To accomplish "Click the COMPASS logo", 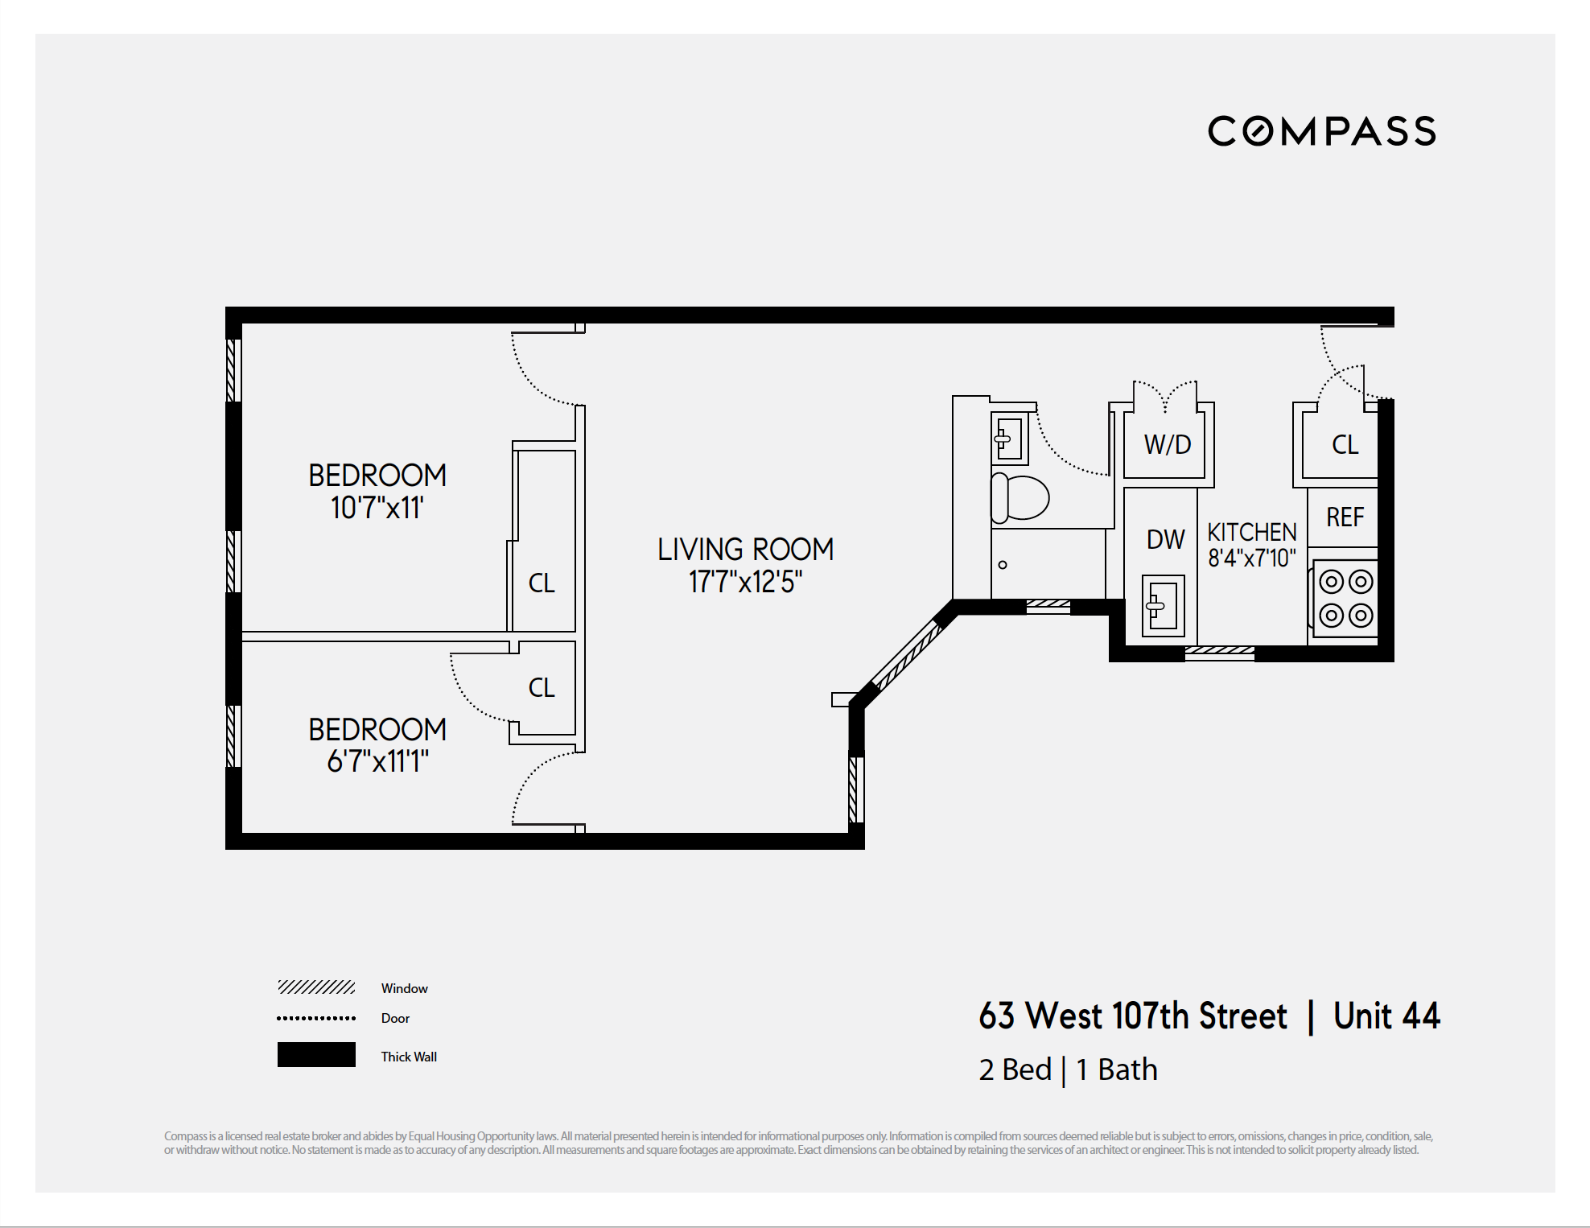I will pyautogui.click(x=1321, y=131).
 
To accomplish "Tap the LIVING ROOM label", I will pyautogui.click(x=745, y=550).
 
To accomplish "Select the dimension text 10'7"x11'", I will pyautogui.click(x=377, y=508).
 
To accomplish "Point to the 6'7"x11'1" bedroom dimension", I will pyautogui.click(x=377, y=760).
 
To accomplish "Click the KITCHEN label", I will pyautogui.click(x=1251, y=532).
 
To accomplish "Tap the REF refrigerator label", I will pyautogui.click(x=1345, y=517).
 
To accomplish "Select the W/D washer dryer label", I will pyautogui.click(x=1167, y=444).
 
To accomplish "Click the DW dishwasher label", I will pyautogui.click(x=1165, y=539).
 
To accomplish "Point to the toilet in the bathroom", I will pyautogui.click(x=1020, y=497).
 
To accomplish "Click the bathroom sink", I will pyautogui.click(x=1009, y=439).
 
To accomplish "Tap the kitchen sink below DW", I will pyautogui.click(x=1163, y=605).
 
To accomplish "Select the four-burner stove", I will pyautogui.click(x=1345, y=599).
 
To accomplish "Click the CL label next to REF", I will pyautogui.click(x=1345, y=444).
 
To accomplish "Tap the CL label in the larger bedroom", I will pyautogui.click(x=542, y=583).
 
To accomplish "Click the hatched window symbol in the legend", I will pyautogui.click(x=316, y=987).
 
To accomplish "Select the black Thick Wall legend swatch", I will pyautogui.click(x=316, y=1054).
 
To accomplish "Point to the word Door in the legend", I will pyautogui.click(x=395, y=1018).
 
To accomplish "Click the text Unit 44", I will pyautogui.click(x=1386, y=1016).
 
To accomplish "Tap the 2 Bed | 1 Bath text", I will pyautogui.click(x=1068, y=1069).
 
